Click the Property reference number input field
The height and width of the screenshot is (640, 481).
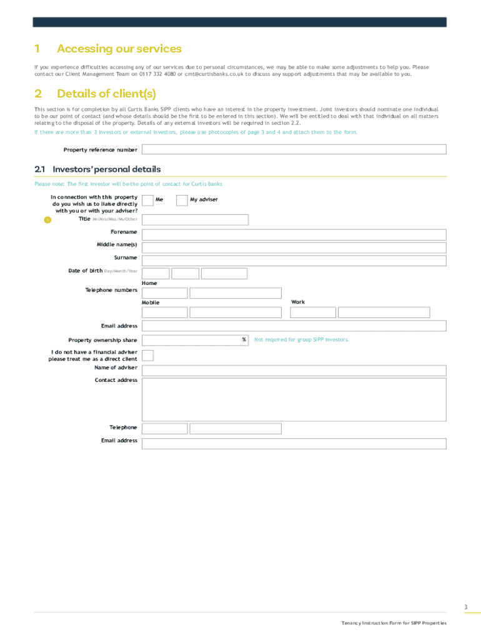click(294, 149)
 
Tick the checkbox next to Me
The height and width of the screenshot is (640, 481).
click(148, 200)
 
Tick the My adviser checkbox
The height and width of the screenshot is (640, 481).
click(182, 200)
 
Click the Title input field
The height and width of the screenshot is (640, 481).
click(195, 219)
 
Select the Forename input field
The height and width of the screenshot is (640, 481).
click(294, 234)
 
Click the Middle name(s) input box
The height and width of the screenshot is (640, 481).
click(294, 247)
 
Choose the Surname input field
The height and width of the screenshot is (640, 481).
click(294, 261)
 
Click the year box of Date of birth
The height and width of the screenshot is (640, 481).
click(224, 274)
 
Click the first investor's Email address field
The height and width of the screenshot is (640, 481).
click(294, 326)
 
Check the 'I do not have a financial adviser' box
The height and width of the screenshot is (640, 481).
click(148, 356)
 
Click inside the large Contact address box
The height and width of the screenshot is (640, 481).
click(294, 399)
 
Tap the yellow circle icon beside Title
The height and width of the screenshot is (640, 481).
click(47, 219)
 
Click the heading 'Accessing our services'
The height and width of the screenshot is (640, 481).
click(119, 49)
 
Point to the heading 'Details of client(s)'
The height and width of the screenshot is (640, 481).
click(106, 94)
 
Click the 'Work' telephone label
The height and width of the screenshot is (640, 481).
click(298, 302)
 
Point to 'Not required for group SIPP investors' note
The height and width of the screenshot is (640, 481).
click(301, 340)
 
